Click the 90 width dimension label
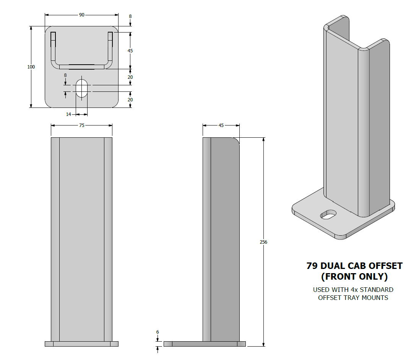pos(81,15)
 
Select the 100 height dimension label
pos(31,67)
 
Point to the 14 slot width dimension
pos(68,114)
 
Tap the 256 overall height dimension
pos(263,242)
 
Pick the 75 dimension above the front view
pos(81,125)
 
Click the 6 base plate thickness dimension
pos(158,332)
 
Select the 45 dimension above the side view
pos(221,125)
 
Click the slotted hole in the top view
pos(81,88)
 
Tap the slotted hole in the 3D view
pos(328,214)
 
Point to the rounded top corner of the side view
pos(236,140)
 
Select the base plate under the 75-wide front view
pos(81,344)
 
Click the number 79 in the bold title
pos(312,266)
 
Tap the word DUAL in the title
pos(333,266)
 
